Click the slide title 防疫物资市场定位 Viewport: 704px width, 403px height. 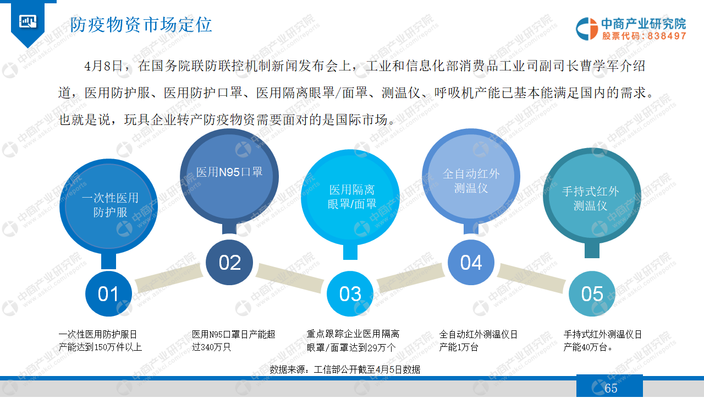(141, 25)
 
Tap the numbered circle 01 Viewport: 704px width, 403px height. (108, 294)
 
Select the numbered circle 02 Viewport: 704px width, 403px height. (229, 263)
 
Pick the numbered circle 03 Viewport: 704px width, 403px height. (350, 294)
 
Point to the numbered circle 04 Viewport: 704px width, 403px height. (471, 263)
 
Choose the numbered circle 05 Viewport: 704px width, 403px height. (592, 294)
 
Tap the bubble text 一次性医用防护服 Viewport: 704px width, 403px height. (110, 205)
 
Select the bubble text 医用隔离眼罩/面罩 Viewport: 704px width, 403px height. (352, 197)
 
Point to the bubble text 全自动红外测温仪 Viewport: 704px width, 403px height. (471, 181)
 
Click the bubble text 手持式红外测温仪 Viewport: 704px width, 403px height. (591, 199)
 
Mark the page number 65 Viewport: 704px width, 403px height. (611, 388)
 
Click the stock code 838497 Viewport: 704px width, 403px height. (667, 36)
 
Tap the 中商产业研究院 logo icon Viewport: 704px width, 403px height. (586, 29)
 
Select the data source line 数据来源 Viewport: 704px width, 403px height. (345, 369)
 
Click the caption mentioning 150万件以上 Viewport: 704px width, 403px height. (100, 341)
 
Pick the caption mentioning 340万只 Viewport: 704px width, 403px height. (234, 341)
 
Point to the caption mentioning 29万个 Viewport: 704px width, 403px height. (353, 341)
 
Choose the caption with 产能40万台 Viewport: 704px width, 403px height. (602, 341)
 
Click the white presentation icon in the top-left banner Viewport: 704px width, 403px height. (28, 21)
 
